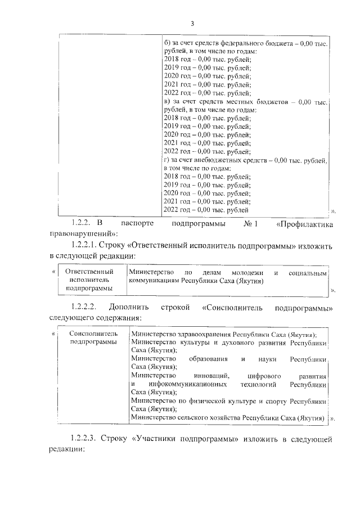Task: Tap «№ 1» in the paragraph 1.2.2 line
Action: click(250, 225)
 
